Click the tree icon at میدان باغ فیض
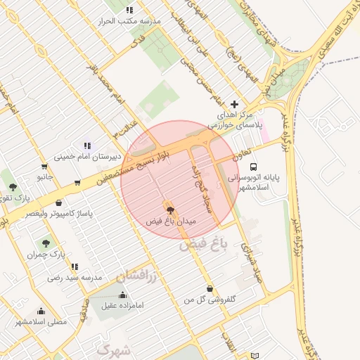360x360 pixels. click(x=169, y=209)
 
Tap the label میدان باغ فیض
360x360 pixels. click(x=171, y=221)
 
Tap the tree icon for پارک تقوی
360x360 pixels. click(x=13, y=186)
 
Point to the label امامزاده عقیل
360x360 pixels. click(x=124, y=306)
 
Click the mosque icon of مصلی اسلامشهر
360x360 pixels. click(x=41, y=311)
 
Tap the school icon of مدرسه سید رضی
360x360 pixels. click(x=74, y=266)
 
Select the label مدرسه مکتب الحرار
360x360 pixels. click(x=129, y=21)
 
